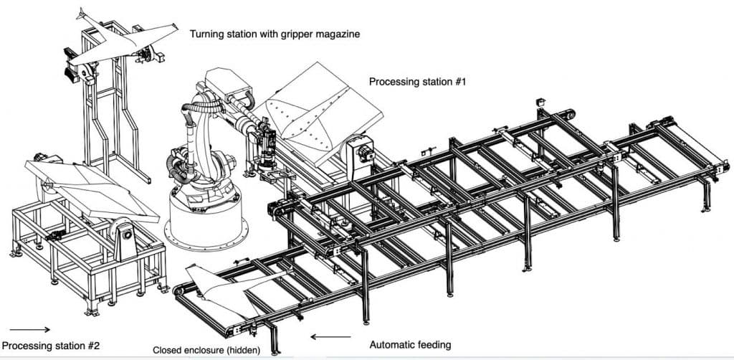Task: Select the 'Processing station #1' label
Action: click(417, 82)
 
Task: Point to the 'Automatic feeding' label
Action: click(410, 345)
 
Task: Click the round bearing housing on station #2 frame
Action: click(126, 232)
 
